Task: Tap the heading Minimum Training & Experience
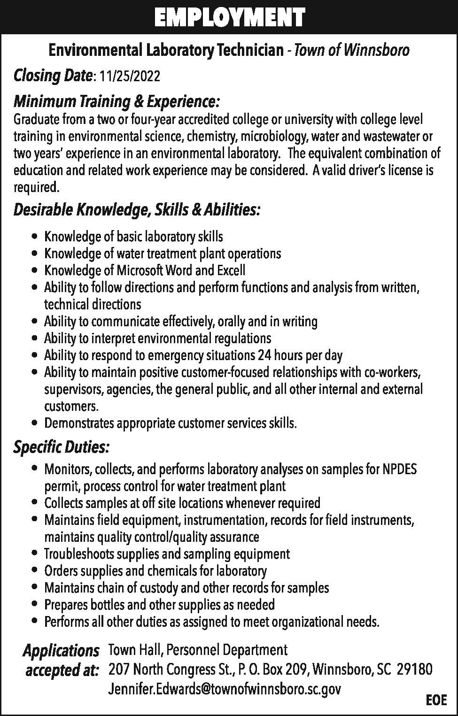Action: [x=116, y=101]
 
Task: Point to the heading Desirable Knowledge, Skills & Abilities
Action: [x=136, y=210]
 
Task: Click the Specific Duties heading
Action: [x=62, y=447]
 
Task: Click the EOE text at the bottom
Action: [x=436, y=700]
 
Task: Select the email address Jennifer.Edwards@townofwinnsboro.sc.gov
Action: [x=225, y=689]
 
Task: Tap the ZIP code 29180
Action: [x=415, y=669]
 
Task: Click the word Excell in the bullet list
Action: [x=231, y=270]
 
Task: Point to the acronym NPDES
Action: [x=399, y=469]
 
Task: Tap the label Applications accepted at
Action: [x=62, y=660]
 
